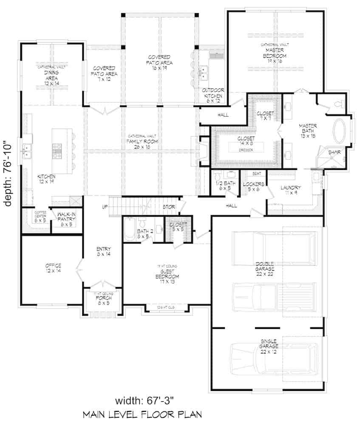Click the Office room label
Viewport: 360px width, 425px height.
tap(53, 268)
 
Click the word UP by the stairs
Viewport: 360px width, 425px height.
tap(105, 207)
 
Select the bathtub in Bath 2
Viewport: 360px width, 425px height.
tap(130, 230)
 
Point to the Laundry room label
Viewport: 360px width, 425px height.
tap(291, 190)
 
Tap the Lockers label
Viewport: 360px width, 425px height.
tap(254, 186)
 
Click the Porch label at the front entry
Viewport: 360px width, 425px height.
tap(103, 300)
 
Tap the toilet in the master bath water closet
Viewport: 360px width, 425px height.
tap(339, 104)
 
